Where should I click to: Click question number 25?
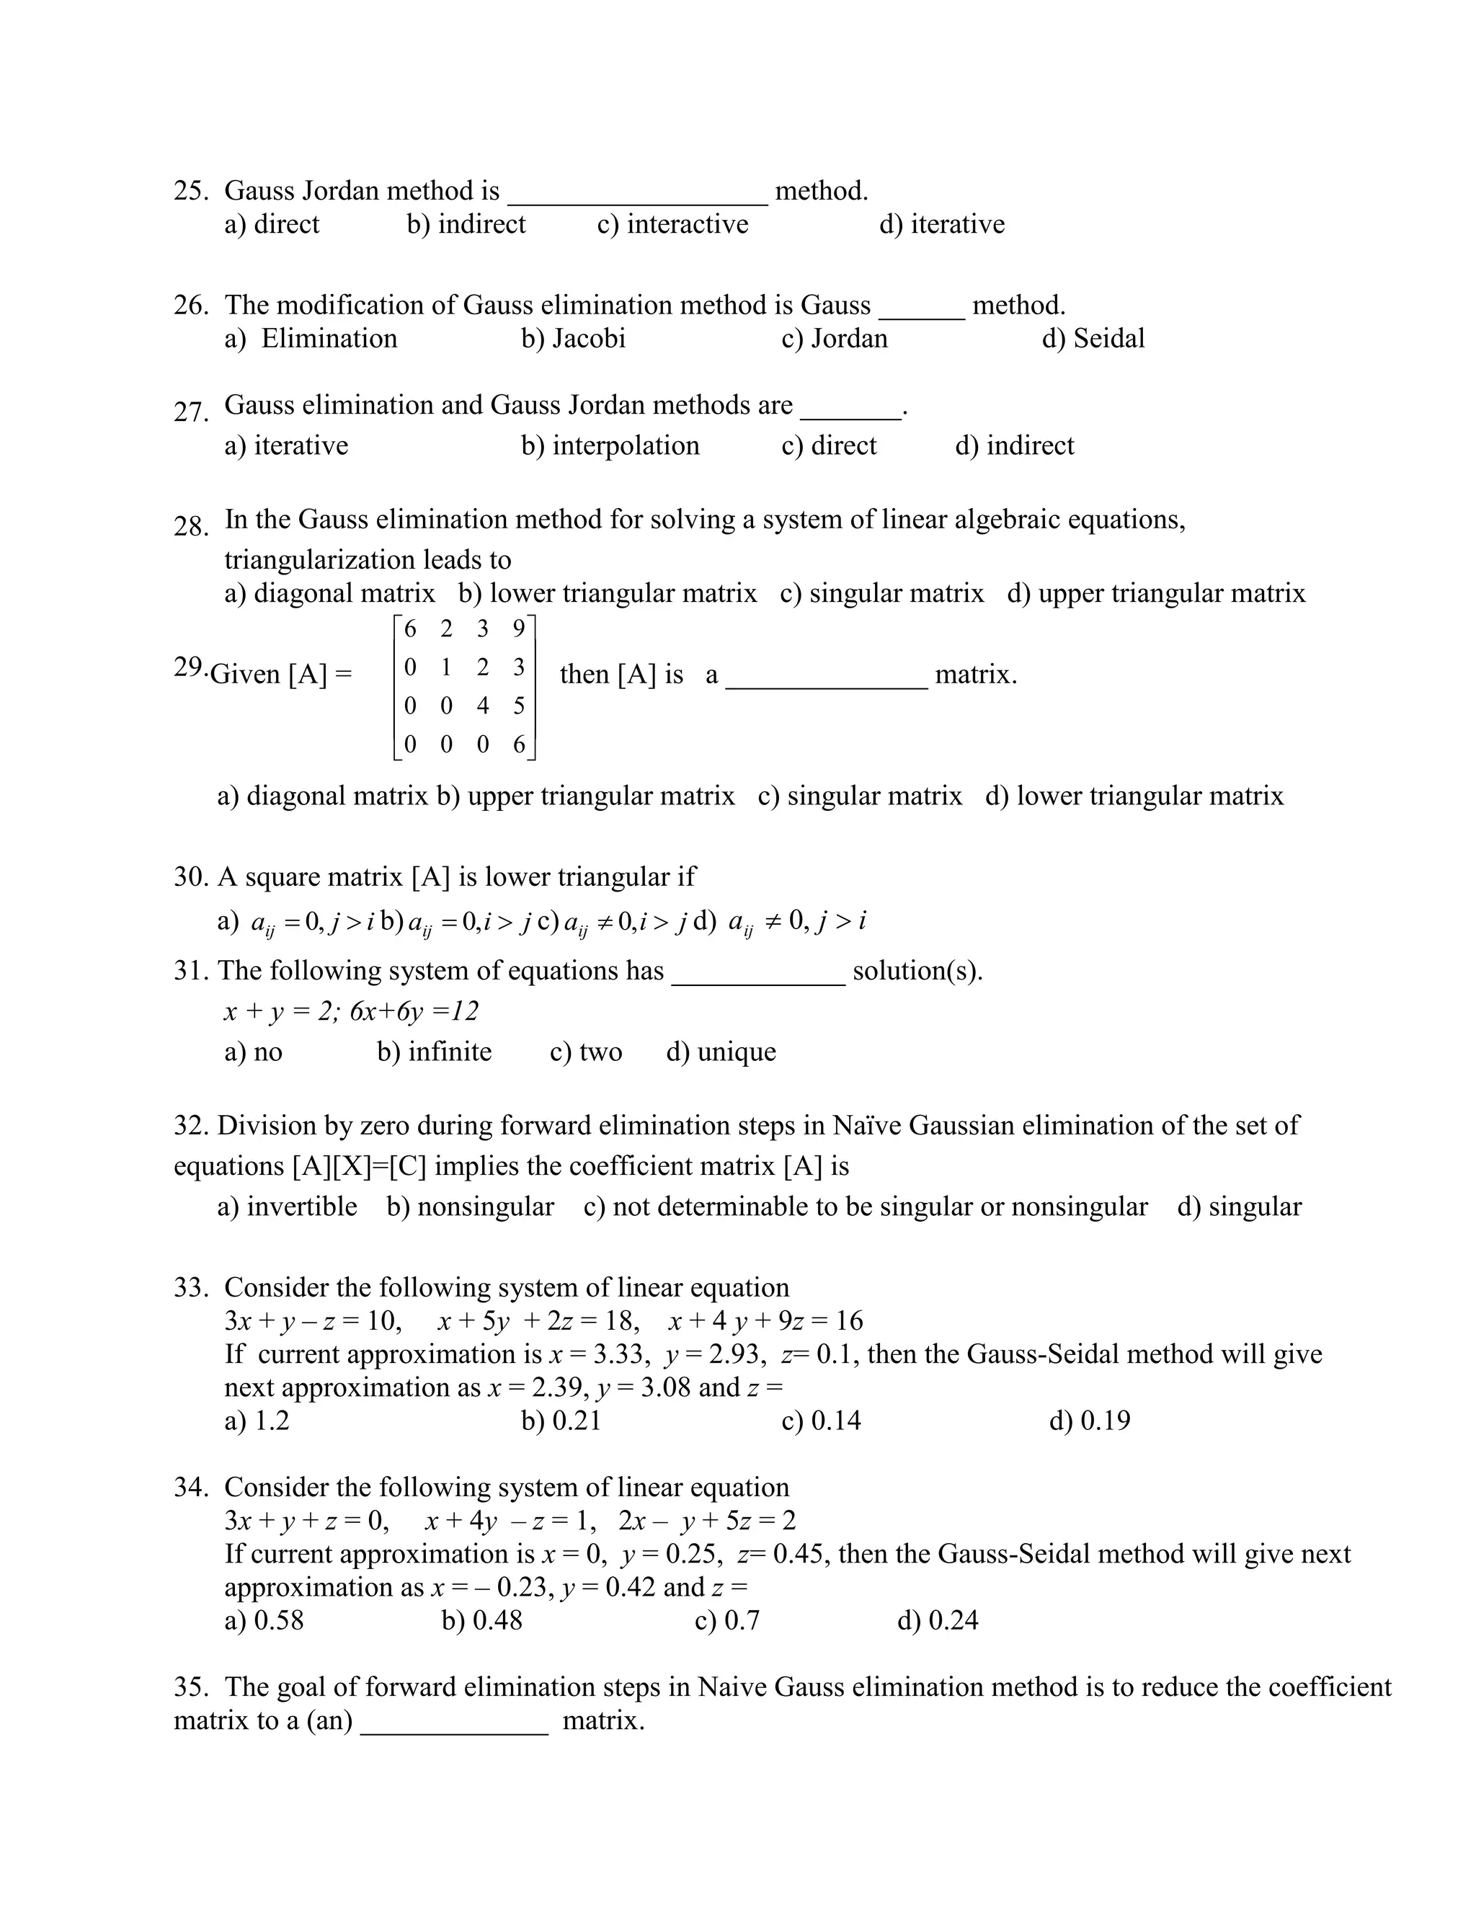click(190, 191)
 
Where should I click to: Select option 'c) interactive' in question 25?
click(672, 224)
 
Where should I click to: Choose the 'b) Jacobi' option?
click(574, 339)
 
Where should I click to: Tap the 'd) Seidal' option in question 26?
click(1093, 339)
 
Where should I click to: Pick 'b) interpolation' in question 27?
click(610, 445)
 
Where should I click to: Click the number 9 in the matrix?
click(518, 628)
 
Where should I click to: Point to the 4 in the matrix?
click(483, 706)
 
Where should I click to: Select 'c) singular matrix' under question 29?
click(860, 796)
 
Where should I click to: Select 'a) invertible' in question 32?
click(287, 1207)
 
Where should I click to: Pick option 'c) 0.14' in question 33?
click(821, 1421)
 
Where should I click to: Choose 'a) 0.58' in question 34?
click(264, 1620)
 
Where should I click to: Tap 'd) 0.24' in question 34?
click(938, 1620)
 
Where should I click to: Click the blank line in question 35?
click(455, 1722)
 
